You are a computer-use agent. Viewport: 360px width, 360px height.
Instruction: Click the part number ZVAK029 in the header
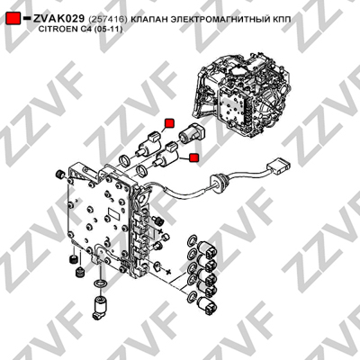click(58, 19)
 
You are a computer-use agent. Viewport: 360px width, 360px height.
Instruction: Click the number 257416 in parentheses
click(108, 20)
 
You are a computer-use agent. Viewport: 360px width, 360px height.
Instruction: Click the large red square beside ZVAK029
click(13, 19)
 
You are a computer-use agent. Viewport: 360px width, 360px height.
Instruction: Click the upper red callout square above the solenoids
click(169, 123)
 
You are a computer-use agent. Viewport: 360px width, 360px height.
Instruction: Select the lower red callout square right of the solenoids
click(194, 157)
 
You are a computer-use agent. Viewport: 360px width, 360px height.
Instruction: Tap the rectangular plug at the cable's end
click(279, 166)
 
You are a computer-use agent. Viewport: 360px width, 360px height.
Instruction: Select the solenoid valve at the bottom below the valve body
click(100, 308)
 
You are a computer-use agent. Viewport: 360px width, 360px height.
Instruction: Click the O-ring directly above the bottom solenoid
click(100, 283)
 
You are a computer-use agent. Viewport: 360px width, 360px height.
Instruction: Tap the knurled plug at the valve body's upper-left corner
click(60, 174)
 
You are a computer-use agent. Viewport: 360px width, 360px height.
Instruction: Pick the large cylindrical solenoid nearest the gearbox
click(192, 132)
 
